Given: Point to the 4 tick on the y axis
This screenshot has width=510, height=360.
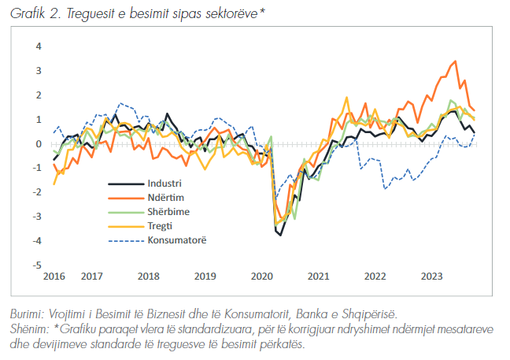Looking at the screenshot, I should (37, 46).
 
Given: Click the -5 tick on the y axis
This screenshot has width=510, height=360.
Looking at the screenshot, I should (36, 265).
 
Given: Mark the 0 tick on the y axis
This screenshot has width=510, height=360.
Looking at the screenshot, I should (37, 143).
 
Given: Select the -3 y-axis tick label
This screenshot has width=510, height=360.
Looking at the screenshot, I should (36, 216).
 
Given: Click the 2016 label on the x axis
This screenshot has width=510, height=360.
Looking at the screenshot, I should (54, 276).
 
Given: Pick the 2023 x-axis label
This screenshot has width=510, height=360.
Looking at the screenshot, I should (431, 276).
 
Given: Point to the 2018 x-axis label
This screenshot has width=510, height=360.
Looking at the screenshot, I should (148, 276).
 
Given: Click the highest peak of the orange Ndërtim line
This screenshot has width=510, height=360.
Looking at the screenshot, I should (455, 61).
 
